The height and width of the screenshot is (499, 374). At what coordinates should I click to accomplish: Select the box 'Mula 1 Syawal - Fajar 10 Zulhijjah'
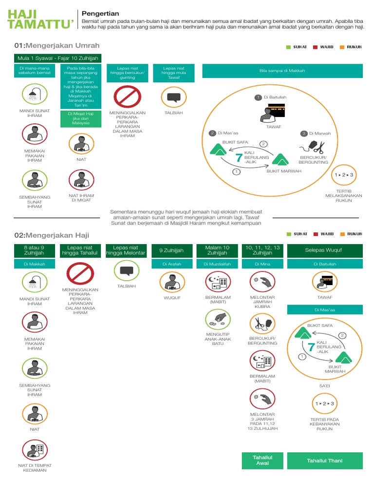[57, 58]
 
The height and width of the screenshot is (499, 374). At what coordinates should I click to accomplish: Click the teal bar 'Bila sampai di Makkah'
[282, 71]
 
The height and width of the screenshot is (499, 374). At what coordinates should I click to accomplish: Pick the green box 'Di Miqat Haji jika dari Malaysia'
[82, 119]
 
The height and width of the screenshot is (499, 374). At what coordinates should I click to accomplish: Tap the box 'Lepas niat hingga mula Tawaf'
[175, 71]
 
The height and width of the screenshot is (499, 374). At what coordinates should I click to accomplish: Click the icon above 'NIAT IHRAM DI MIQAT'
[82, 179]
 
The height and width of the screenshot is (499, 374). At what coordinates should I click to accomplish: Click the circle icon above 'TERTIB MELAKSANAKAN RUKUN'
[343, 174]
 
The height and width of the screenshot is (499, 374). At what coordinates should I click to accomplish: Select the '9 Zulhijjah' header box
[171, 250]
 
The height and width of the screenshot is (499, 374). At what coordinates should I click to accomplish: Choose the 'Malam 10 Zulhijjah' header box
[217, 250]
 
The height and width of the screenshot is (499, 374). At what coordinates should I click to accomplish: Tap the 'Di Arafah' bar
[171, 264]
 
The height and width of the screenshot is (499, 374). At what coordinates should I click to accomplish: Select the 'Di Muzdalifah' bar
[217, 264]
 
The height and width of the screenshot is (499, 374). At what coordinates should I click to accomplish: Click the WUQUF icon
[171, 282]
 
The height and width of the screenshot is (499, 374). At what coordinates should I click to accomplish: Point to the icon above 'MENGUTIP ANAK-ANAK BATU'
[217, 319]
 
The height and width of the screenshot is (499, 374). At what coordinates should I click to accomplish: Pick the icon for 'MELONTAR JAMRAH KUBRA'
[262, 282]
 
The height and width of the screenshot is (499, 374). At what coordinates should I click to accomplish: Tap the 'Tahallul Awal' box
[262, 461]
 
